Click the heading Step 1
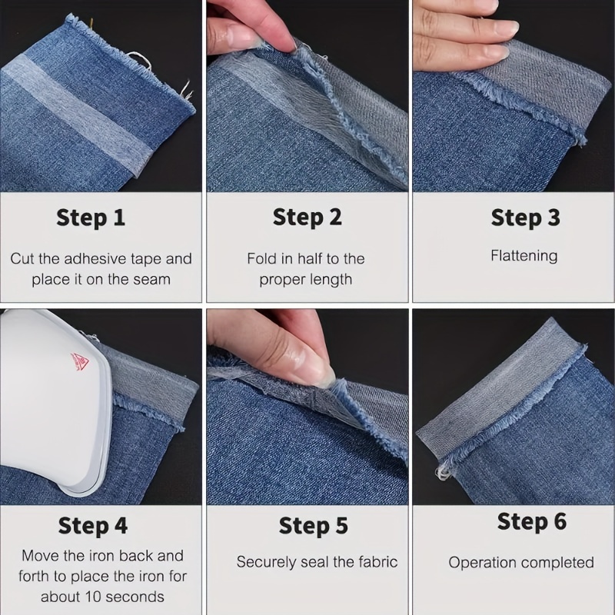pos(91,218)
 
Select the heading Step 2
pos(307,218)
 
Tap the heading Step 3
pos(525,218)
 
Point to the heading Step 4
pos(92,527)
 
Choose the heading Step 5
pos(313,526)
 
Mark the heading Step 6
pos(531,521)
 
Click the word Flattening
pos(524,256)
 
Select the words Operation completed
pos(521,563)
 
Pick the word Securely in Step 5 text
pos(265,562)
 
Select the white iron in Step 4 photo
pos(54,400)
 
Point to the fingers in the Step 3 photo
pos(461,38)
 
